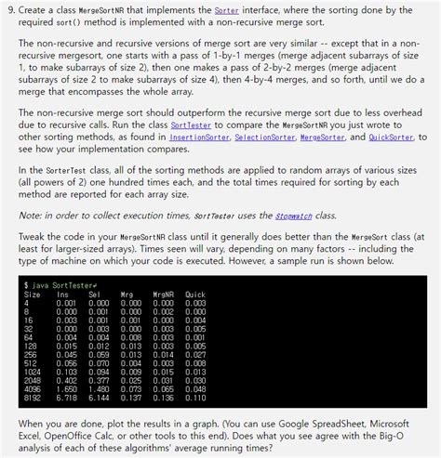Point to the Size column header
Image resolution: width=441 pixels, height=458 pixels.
[x=32, y=294]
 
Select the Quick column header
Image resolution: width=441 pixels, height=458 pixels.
[x=194, y=294]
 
